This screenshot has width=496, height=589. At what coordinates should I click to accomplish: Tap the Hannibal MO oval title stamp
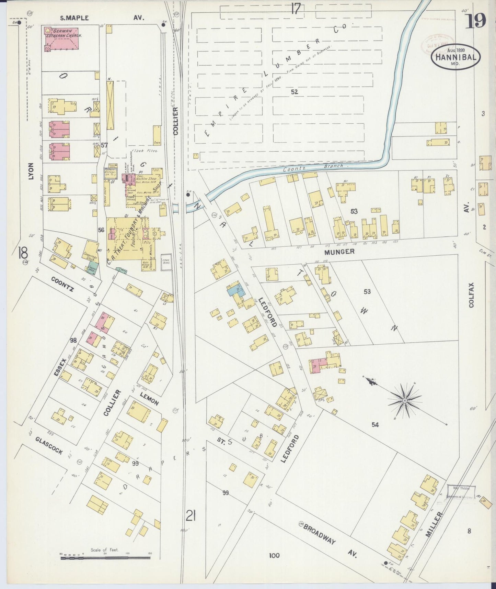[455, 57]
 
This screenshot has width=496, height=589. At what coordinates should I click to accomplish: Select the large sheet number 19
[476, 21]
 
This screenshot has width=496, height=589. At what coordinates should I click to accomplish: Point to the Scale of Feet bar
[105, 557]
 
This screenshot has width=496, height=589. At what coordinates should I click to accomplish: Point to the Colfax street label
[471, 295]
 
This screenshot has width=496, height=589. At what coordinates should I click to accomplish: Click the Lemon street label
[149, 398]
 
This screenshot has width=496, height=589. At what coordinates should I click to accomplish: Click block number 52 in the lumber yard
[294, 92]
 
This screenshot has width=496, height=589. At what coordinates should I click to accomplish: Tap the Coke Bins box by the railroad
[166, 264]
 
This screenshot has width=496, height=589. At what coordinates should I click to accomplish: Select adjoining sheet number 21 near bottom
[191, 515]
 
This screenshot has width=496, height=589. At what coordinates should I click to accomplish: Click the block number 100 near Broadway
[274, 555]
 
